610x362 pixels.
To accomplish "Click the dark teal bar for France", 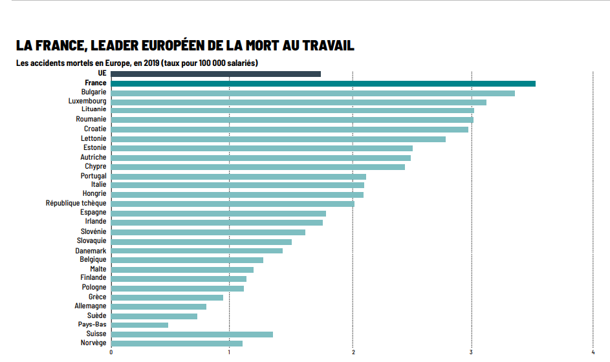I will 323,83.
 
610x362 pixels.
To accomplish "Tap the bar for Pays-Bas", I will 140,325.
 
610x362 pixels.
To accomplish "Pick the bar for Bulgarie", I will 312,93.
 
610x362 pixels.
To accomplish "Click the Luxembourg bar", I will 298,102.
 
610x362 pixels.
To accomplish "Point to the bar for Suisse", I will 192,334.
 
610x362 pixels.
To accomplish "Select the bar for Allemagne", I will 158,306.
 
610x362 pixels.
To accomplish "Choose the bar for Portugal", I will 238,176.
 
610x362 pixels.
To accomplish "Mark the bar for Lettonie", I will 278,139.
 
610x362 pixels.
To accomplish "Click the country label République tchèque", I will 76,203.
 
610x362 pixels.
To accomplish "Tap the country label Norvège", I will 93,343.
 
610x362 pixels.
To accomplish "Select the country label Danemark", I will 91,250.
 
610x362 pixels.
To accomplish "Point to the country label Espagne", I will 93,212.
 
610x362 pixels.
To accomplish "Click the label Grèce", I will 97,297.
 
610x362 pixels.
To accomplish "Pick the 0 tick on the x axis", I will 111,352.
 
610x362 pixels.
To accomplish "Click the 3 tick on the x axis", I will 472,352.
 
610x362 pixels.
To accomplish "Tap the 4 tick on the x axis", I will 593,352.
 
